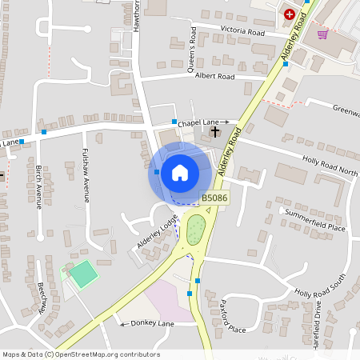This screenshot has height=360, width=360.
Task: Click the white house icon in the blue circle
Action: (179, 172)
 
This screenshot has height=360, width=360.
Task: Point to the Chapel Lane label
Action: (198, 123)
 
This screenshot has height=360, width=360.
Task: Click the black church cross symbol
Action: (214, 130)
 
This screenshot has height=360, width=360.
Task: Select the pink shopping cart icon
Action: (322, 34)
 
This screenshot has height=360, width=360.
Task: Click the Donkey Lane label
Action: (153, 323)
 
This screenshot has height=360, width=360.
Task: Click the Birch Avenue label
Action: (38, 187)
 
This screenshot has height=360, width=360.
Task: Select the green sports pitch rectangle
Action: (82, 273)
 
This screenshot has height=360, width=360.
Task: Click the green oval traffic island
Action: (195, 231)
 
